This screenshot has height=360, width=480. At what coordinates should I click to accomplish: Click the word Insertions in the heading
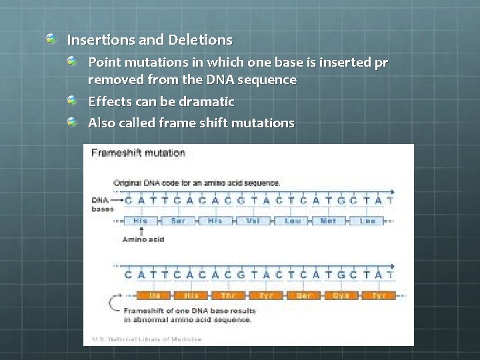tap(95, 40)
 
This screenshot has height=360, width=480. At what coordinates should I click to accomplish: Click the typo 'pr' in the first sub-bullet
tap(381, 62)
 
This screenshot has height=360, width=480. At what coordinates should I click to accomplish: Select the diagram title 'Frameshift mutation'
tap(138, 153)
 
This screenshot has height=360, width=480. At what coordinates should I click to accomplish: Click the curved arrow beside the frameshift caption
tap(113, 308)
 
